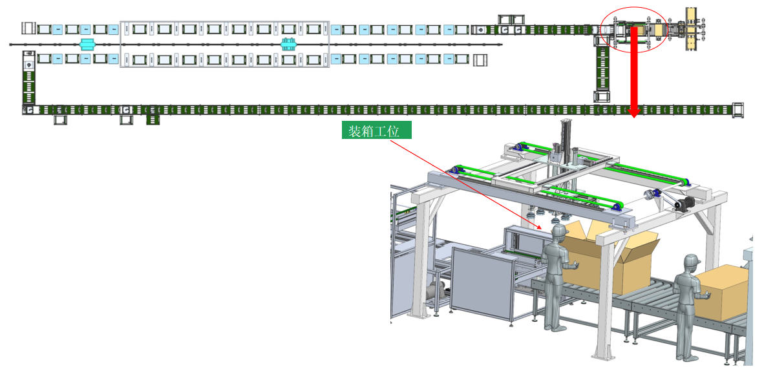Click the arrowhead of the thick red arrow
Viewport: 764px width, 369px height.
pyautogui.click(x=633, y=113)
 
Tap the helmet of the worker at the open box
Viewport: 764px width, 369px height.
pyautogui.click(x=558, y=231)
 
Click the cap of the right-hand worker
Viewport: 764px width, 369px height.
pyautogui.click(x=691, y=261)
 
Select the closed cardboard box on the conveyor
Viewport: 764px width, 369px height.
pyautogui.click(x=723, y=292)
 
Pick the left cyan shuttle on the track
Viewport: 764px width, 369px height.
pyautogui.click(x=87, y=44)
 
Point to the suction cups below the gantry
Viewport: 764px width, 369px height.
pyautogui.click(x=543, y=214)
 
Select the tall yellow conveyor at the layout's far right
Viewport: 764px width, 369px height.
pyautogui.click(x=692, y=29)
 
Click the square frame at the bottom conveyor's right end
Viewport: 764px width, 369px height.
pyautogui.click(x=739, y=110)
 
